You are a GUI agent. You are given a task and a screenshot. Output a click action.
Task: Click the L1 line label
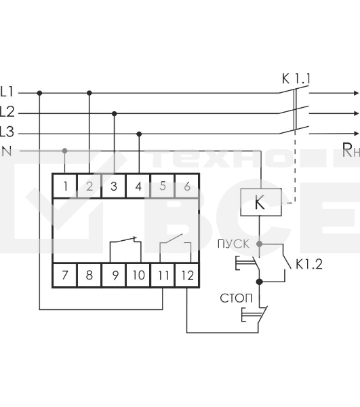pyautogui.click(x=7, y=90)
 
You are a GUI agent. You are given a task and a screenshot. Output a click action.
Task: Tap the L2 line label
pyautogui.click(x=7, y=111)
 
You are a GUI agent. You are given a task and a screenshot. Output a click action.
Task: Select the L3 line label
pyautogui.click(x=7, y=131)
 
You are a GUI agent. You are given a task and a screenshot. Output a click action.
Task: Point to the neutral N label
pyautogui.click(x=7, y=151)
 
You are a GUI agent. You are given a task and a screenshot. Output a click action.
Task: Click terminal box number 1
pyautogui.click(x=64, y=185)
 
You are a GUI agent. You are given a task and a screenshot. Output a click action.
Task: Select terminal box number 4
pyautogui.click(x=138, y=185)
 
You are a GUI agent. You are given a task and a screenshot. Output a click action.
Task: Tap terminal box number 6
pyautogui.click(x=186, y=185)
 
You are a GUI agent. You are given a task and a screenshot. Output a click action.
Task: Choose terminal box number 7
pyautogui.click(x=64, y=276)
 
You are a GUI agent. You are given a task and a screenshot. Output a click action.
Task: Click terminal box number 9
pyautogui.click(x=113, y=276)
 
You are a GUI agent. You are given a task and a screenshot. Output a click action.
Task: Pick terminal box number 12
pyautogui.click(x=186, y=276)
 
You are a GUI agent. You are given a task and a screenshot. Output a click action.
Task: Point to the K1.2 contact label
pyautogui.click(x=308, y=265)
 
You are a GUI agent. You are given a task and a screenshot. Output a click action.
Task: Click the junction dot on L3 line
pyautogui.click(x=139, y=134)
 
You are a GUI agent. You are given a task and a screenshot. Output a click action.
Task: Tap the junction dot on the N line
pyautogui.click(x=65, y=150)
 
